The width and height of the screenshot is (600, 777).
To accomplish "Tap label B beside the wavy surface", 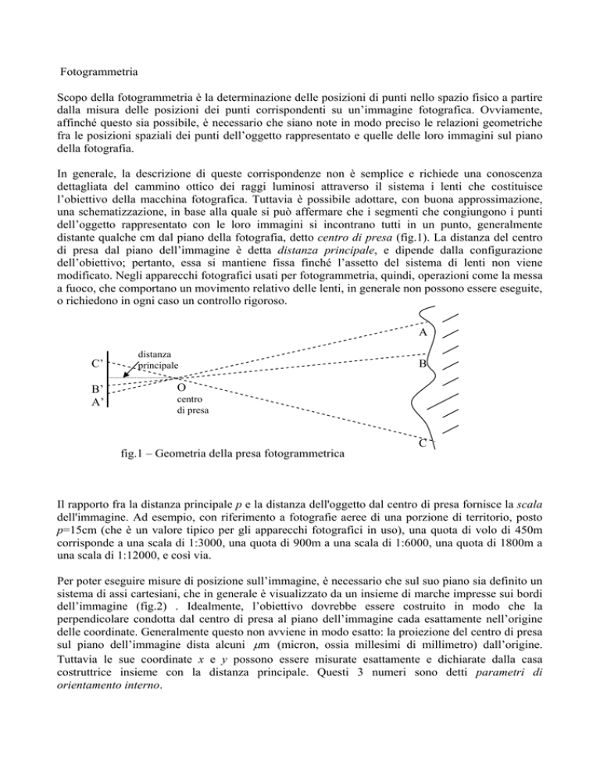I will [421, 364].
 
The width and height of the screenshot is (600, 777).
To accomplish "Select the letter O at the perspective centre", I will [181, 388].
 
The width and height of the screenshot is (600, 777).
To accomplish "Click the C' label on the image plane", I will [98, 363].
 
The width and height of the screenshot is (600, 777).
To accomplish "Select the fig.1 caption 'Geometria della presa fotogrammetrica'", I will [232, 453].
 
